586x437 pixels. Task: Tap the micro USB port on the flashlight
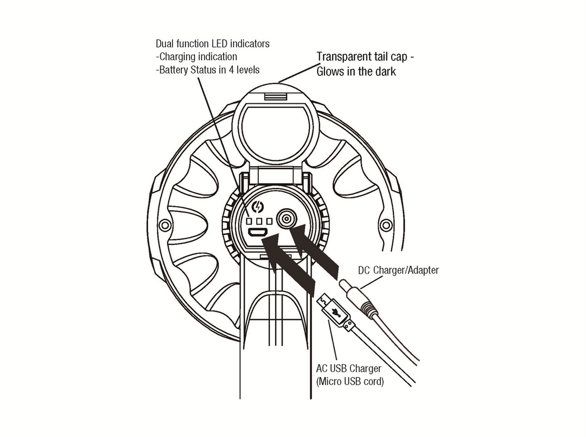(x=257, y=233)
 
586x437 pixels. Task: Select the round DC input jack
(x=285, y=220)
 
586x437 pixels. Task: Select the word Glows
(x=333, y=71)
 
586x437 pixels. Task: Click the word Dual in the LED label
(x=165, y=43)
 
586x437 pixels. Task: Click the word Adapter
(x=422, y=270)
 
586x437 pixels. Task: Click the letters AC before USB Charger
(x=322, y=368)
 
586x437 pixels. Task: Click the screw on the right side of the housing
(x=386, y=224)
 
